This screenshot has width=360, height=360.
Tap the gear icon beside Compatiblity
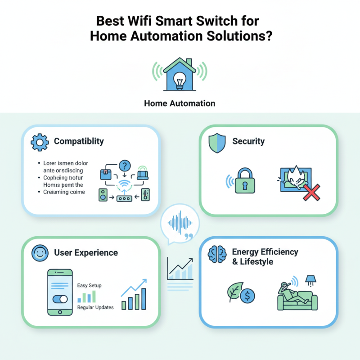pyautogui.click(x=39, y=142)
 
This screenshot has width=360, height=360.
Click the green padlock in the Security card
pyautogui.click(x=245, y=181)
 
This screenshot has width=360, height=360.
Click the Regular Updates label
pyautogui.click(x=95, y=307)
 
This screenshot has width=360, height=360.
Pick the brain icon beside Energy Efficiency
pyautogui.click(x=215, y=254)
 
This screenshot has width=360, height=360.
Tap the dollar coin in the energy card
pyautogui.click(x=247, y=296)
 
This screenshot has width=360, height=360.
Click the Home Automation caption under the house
pyautogui.click(x=180, y=103)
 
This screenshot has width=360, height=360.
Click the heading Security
pyautogui.click(x=248, y=141)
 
